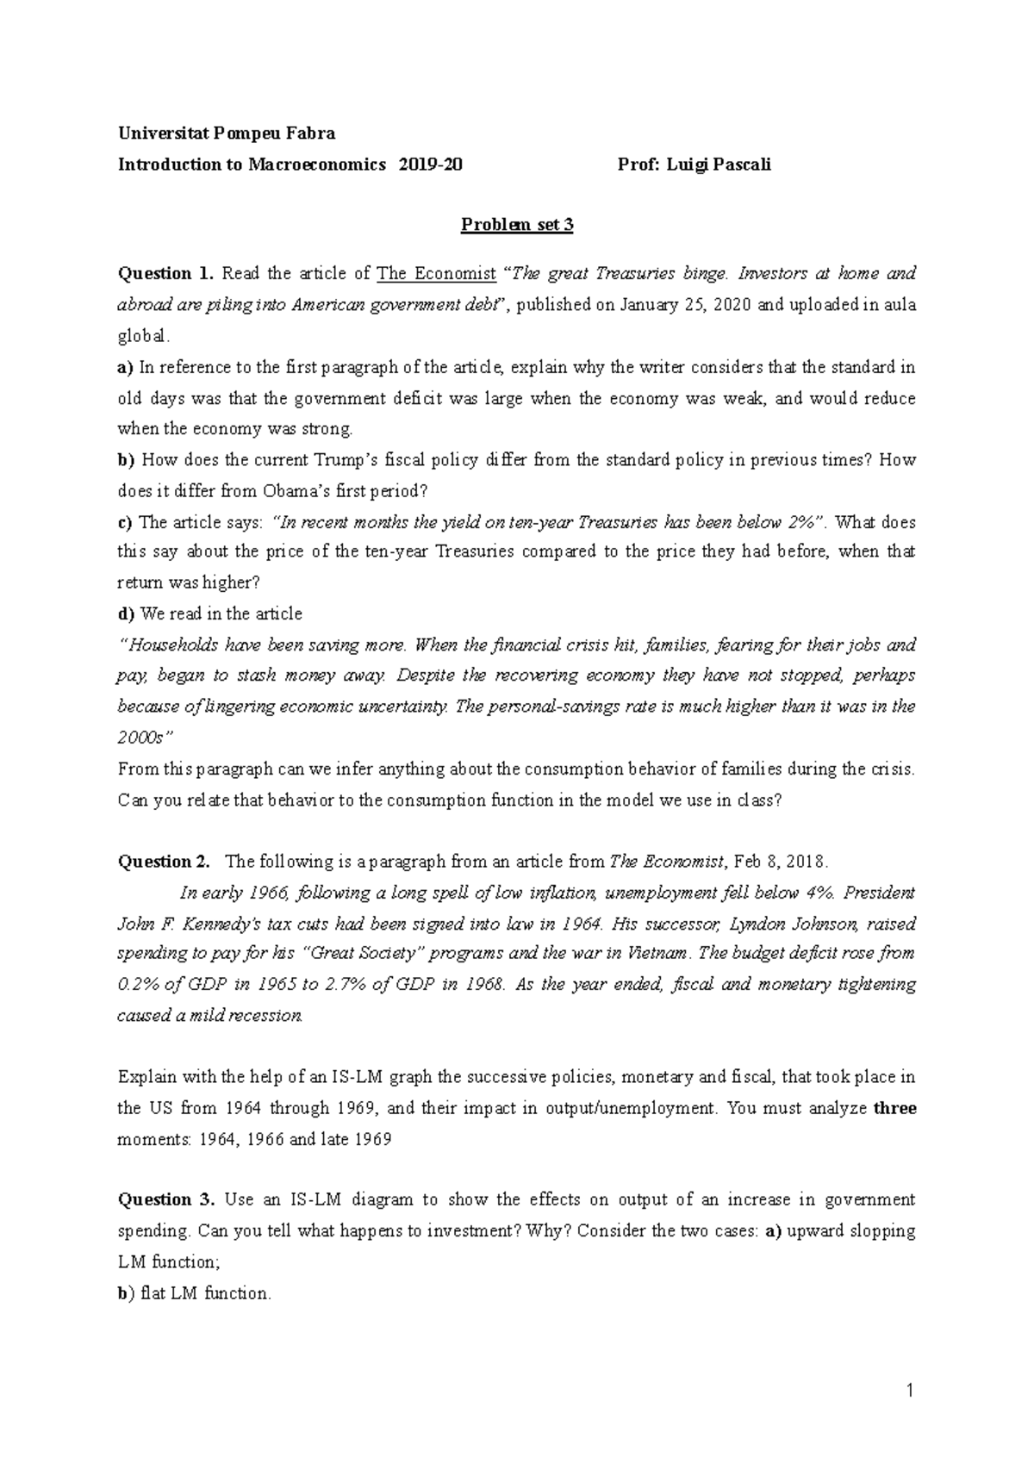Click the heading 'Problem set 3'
517,226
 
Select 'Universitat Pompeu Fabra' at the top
226,134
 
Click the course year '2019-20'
430,165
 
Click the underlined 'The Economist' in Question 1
436,274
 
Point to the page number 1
910,1391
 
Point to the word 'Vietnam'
659,954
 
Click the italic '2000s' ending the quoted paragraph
140,738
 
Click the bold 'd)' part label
127,614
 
